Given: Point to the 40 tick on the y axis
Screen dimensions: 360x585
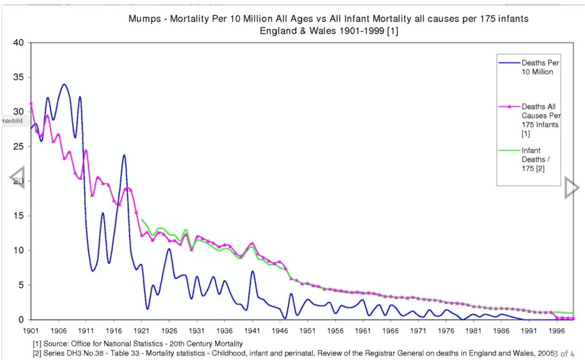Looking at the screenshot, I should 18,43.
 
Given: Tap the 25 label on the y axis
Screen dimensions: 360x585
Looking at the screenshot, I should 18,146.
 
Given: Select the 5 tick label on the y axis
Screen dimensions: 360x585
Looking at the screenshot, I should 21,285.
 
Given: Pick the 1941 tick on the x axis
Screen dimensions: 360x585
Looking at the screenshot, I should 252,331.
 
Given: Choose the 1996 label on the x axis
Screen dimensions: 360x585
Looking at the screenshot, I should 557,331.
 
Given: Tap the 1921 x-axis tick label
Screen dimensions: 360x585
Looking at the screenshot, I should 141,331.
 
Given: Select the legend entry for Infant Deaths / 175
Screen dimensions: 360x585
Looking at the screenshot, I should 533,159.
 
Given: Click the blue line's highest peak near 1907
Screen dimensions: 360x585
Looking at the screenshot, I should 64,84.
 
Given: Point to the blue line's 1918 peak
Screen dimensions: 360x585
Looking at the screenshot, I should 125,155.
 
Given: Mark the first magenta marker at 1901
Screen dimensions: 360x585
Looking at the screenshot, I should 31,103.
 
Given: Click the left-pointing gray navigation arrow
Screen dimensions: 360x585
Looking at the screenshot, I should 17,178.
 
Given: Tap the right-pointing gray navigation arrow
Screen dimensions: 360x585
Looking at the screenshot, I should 571,187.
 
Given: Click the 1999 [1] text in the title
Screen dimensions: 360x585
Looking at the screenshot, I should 381,31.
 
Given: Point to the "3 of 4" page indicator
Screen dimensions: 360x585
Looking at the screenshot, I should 564,354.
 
